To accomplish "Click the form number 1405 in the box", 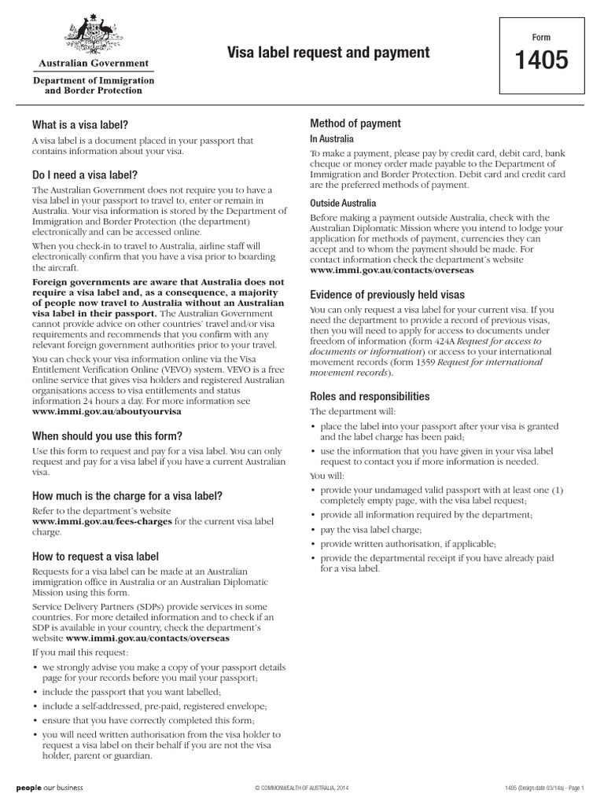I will point(541,61).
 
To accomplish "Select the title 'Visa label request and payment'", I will point(328,53).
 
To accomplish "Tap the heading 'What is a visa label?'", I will point(79,124).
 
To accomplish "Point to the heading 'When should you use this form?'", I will point(107,436).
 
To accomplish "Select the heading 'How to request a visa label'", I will point(95,556).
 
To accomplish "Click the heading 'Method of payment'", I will point(355,123).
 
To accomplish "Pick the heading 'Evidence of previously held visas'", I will point(387,295).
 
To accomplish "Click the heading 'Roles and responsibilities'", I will point(370,396).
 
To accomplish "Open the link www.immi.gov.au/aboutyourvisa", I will point(106,411).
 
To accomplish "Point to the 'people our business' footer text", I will point(50,787).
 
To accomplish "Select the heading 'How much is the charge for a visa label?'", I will point(127,495).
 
